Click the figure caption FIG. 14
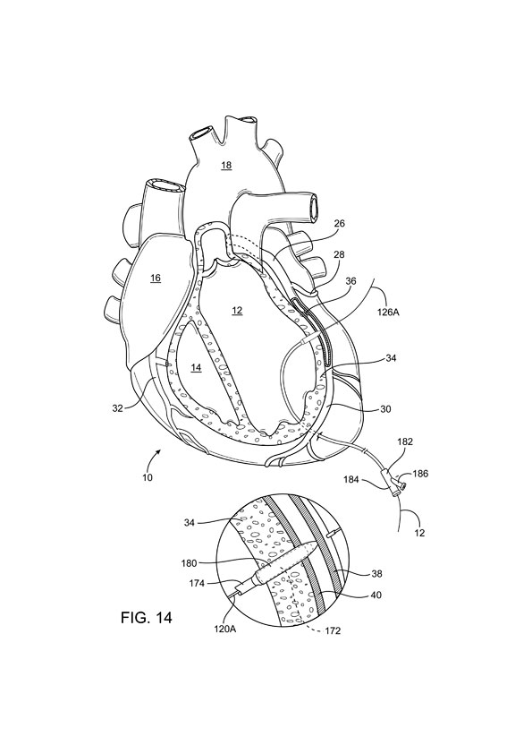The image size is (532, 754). point(146,617)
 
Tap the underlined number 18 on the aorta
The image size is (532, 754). point(226,166)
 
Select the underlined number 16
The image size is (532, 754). point(155,278)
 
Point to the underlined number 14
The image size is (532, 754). point(196,367)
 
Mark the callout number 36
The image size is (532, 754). point(351,281)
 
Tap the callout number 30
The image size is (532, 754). point(385,409)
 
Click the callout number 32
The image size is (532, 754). point(118,408)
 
